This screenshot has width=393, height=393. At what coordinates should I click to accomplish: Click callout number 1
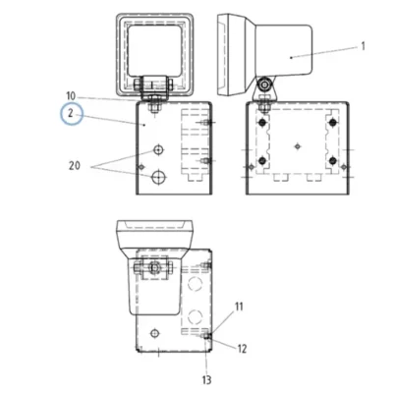363,46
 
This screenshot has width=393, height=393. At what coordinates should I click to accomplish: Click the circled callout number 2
71,114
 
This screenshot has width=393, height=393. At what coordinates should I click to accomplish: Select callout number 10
71,96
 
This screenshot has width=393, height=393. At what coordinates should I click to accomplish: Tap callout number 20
75,166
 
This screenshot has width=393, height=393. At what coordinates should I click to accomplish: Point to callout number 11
239,307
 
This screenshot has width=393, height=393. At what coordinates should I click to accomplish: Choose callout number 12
242,349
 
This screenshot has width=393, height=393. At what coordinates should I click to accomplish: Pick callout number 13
206,380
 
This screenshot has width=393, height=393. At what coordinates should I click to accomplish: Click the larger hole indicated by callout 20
158,177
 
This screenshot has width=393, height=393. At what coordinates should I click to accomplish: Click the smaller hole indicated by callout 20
158,150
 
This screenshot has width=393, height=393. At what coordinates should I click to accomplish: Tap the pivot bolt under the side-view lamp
264,85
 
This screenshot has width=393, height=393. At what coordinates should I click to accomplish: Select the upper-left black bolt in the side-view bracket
261,123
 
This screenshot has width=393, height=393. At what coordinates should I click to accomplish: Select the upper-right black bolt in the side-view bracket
333,123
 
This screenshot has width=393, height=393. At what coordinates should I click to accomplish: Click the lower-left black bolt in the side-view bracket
261,161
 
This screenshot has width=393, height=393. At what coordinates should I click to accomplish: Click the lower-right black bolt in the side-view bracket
333,161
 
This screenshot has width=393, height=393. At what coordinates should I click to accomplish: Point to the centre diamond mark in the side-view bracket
298,146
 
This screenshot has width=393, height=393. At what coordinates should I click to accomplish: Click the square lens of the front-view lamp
154,51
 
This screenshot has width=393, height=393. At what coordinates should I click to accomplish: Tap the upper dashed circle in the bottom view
195,283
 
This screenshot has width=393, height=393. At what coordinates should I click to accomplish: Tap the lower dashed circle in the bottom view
195,316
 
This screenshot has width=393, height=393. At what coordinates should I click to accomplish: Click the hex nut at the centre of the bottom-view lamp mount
154,267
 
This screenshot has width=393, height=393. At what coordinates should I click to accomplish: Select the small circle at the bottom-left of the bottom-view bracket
154,333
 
